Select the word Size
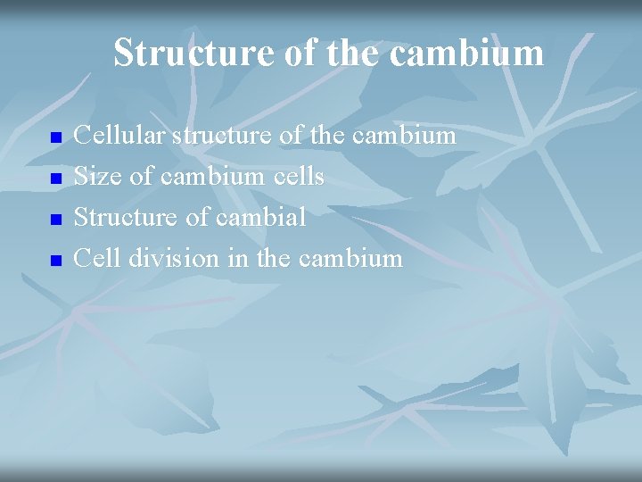(98, 177)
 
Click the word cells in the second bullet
(298, 177)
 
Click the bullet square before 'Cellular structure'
(55, 139)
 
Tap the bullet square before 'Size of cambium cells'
(55, 179)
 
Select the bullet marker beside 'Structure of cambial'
(55, 220)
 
